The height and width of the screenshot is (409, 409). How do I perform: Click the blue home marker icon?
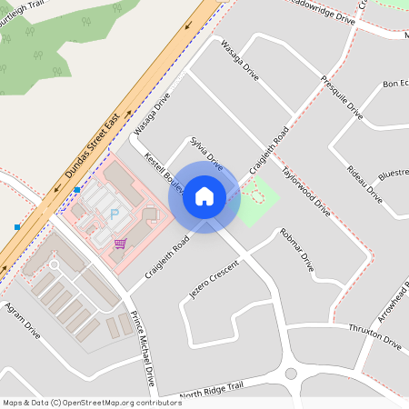click(x=204, y=196)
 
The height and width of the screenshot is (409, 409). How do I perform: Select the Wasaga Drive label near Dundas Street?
click(x=152, y=114)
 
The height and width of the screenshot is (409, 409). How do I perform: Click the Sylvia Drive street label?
click(x=206, y=154)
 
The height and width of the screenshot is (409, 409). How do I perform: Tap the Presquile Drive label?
click(x=342, y=97)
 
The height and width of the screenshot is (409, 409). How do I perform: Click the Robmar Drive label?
click(x=297, y=250)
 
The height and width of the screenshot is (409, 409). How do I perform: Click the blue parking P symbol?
click(x=115, y=214)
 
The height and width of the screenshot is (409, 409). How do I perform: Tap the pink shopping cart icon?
click(x=120, y=244)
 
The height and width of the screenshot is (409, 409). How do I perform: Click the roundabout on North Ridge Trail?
click(x=291, y=374)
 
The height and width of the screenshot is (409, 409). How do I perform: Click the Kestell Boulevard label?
click(x=164, y=174)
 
